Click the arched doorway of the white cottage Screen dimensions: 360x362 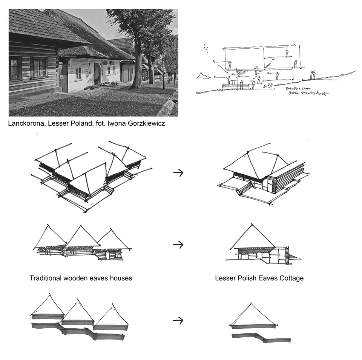pyautogui.click(x=97, y=74)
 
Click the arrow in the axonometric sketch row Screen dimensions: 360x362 pyautogui.click(x=178, y=172)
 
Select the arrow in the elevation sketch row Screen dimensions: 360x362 pyautogui.click(x=178, y=245)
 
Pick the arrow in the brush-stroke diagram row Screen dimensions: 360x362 pyautogui.click(x=178, y=321)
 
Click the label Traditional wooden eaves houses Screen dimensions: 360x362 pyautogui.click(x=81, y=278)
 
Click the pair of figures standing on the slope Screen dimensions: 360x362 pyautogui.click(x=313, y=75)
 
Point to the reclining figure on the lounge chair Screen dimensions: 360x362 pyautogui.click(x=268, y=86)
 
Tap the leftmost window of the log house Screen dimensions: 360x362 pyautogui.click(x=15, y=68)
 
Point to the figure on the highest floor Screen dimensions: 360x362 pyautogui.click(x=287, y=53)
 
